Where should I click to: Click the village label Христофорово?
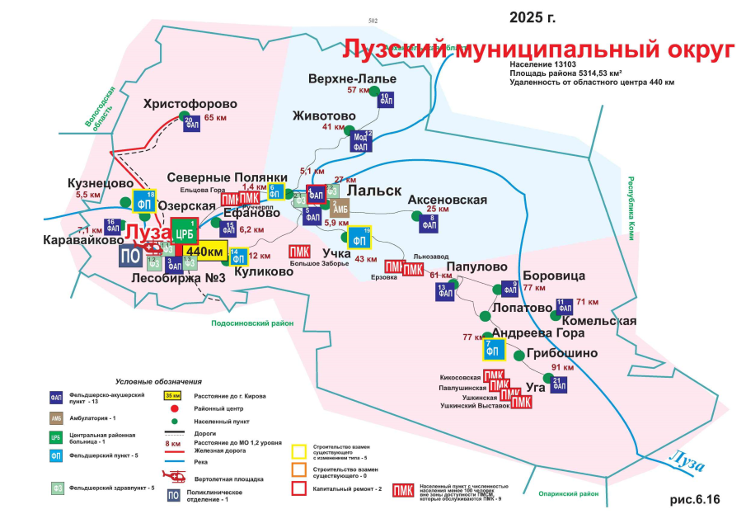190,105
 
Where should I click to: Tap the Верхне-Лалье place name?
352,79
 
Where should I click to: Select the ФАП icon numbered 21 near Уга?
557,384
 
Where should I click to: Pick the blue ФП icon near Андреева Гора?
494,350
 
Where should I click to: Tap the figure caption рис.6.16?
694,499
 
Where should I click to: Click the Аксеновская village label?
448,200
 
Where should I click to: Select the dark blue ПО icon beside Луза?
129,255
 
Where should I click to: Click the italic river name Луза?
684,459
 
